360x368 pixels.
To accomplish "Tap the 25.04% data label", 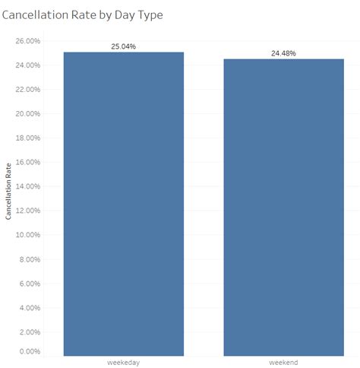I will coord(123,46).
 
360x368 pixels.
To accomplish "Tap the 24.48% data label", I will coord(283,53).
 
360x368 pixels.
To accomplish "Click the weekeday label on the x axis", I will coord(123,363).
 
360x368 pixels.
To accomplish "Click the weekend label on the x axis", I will coord(283,363).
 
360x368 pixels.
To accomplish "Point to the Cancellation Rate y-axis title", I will coord(8,194).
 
